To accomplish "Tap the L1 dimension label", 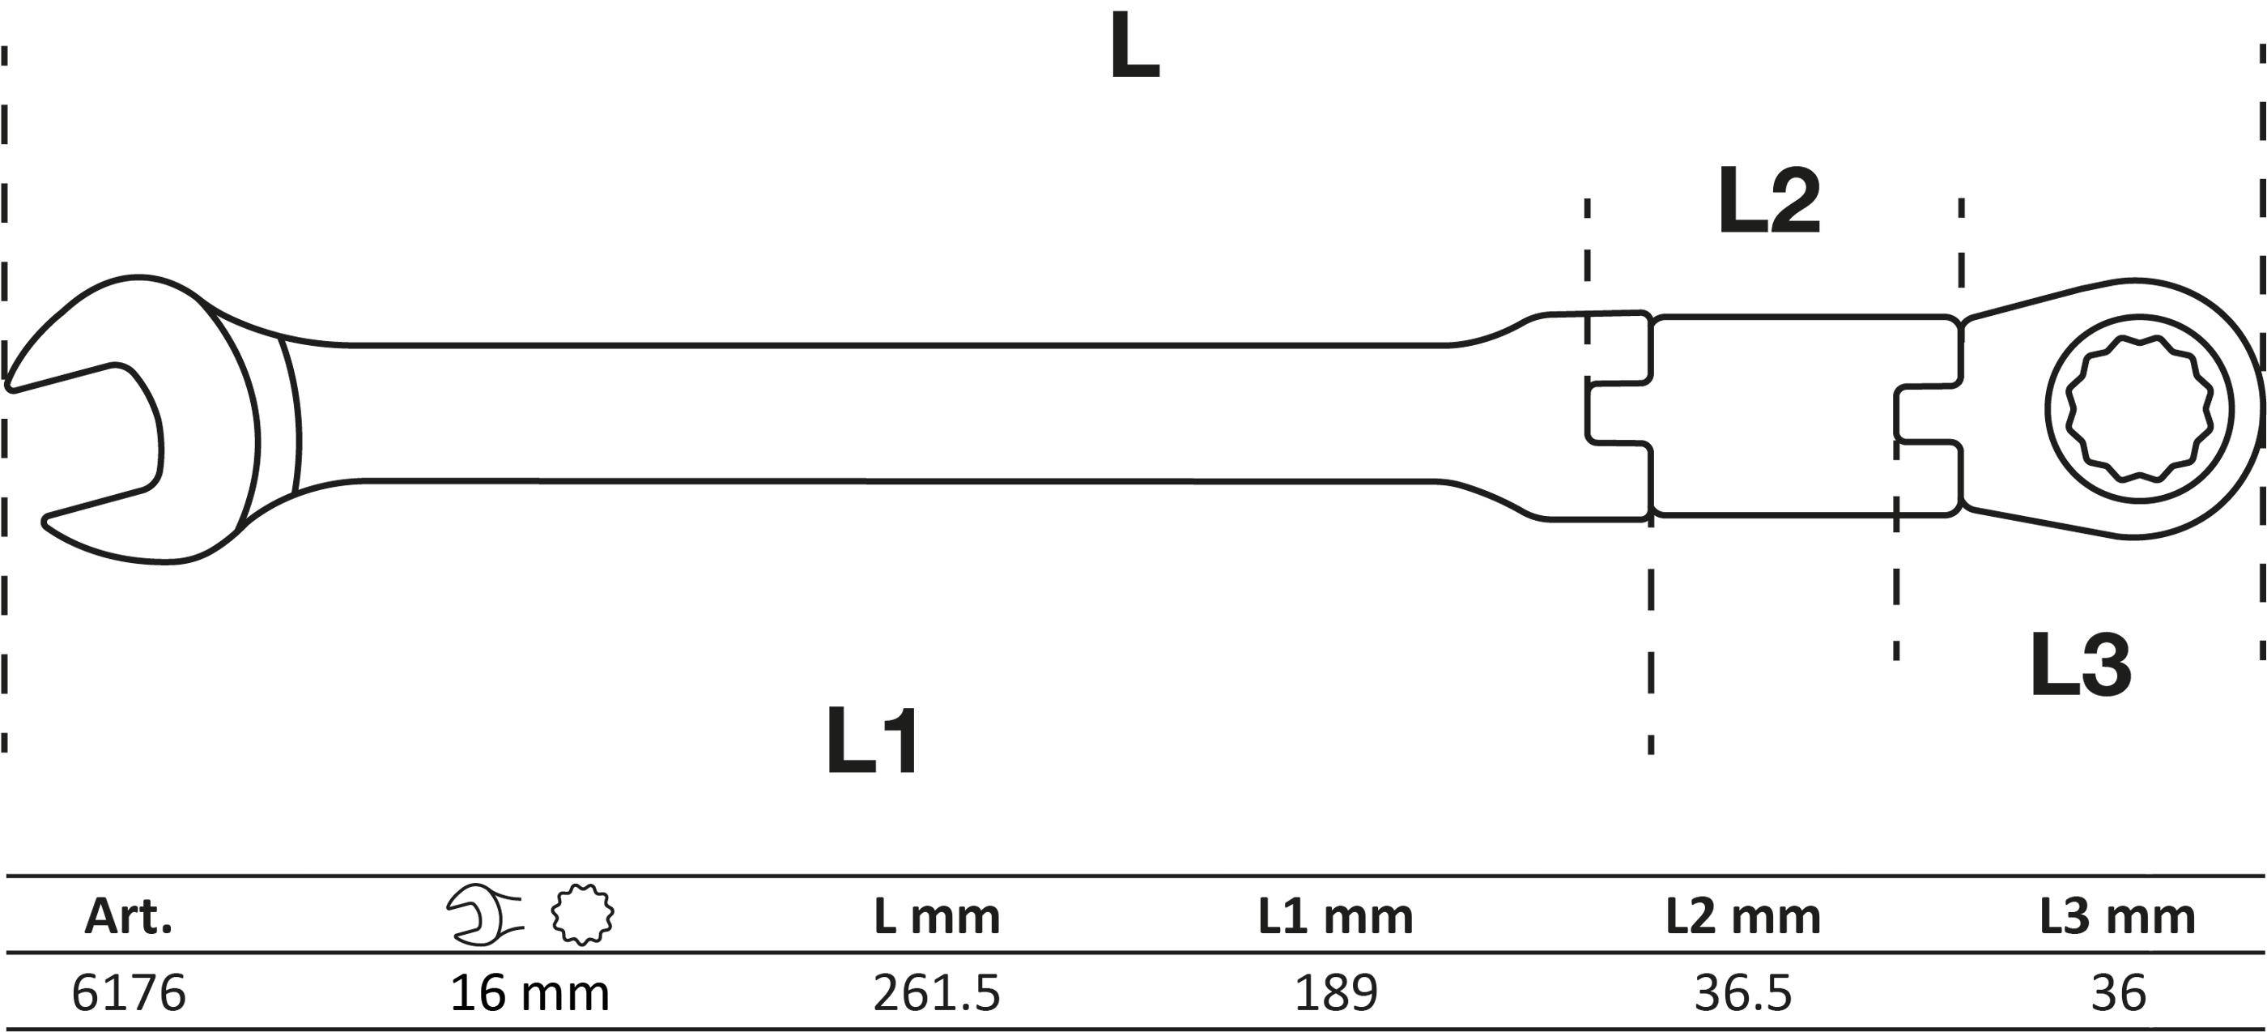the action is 873,740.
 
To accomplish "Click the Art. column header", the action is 129,917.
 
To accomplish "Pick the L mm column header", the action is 938,917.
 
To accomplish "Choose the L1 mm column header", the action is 1335,917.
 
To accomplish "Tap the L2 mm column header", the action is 1743,917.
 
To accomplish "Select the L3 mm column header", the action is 2117,917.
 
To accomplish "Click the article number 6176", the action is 129,993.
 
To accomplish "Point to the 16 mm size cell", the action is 530,993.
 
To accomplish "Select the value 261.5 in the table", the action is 938,993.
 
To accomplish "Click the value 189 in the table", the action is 1335,993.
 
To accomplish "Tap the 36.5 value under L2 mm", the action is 1743,993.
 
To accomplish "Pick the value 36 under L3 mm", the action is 2117,993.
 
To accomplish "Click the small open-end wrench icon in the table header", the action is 485,916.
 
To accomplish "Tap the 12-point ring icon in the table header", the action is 583,915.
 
